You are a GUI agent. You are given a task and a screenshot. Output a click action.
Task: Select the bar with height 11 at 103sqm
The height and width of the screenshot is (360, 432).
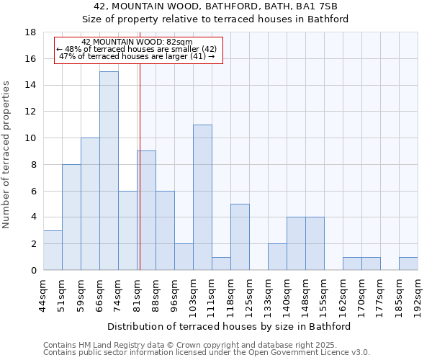[202, 197]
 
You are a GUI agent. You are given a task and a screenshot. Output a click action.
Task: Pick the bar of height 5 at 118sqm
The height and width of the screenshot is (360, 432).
[240, 237]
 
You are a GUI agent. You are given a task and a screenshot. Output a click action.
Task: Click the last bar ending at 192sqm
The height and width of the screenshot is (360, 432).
[408, 264]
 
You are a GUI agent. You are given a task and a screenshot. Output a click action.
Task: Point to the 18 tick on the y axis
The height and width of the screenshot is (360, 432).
[31, 32]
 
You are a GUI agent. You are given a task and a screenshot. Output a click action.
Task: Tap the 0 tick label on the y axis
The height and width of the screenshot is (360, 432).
[34, 271]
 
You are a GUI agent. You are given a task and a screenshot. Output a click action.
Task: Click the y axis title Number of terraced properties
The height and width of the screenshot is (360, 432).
[7, 155]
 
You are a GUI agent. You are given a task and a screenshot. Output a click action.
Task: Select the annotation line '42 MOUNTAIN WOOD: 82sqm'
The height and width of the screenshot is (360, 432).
[137, 42]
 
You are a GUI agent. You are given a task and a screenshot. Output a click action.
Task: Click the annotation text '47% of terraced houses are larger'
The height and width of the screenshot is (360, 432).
[137, 56]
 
